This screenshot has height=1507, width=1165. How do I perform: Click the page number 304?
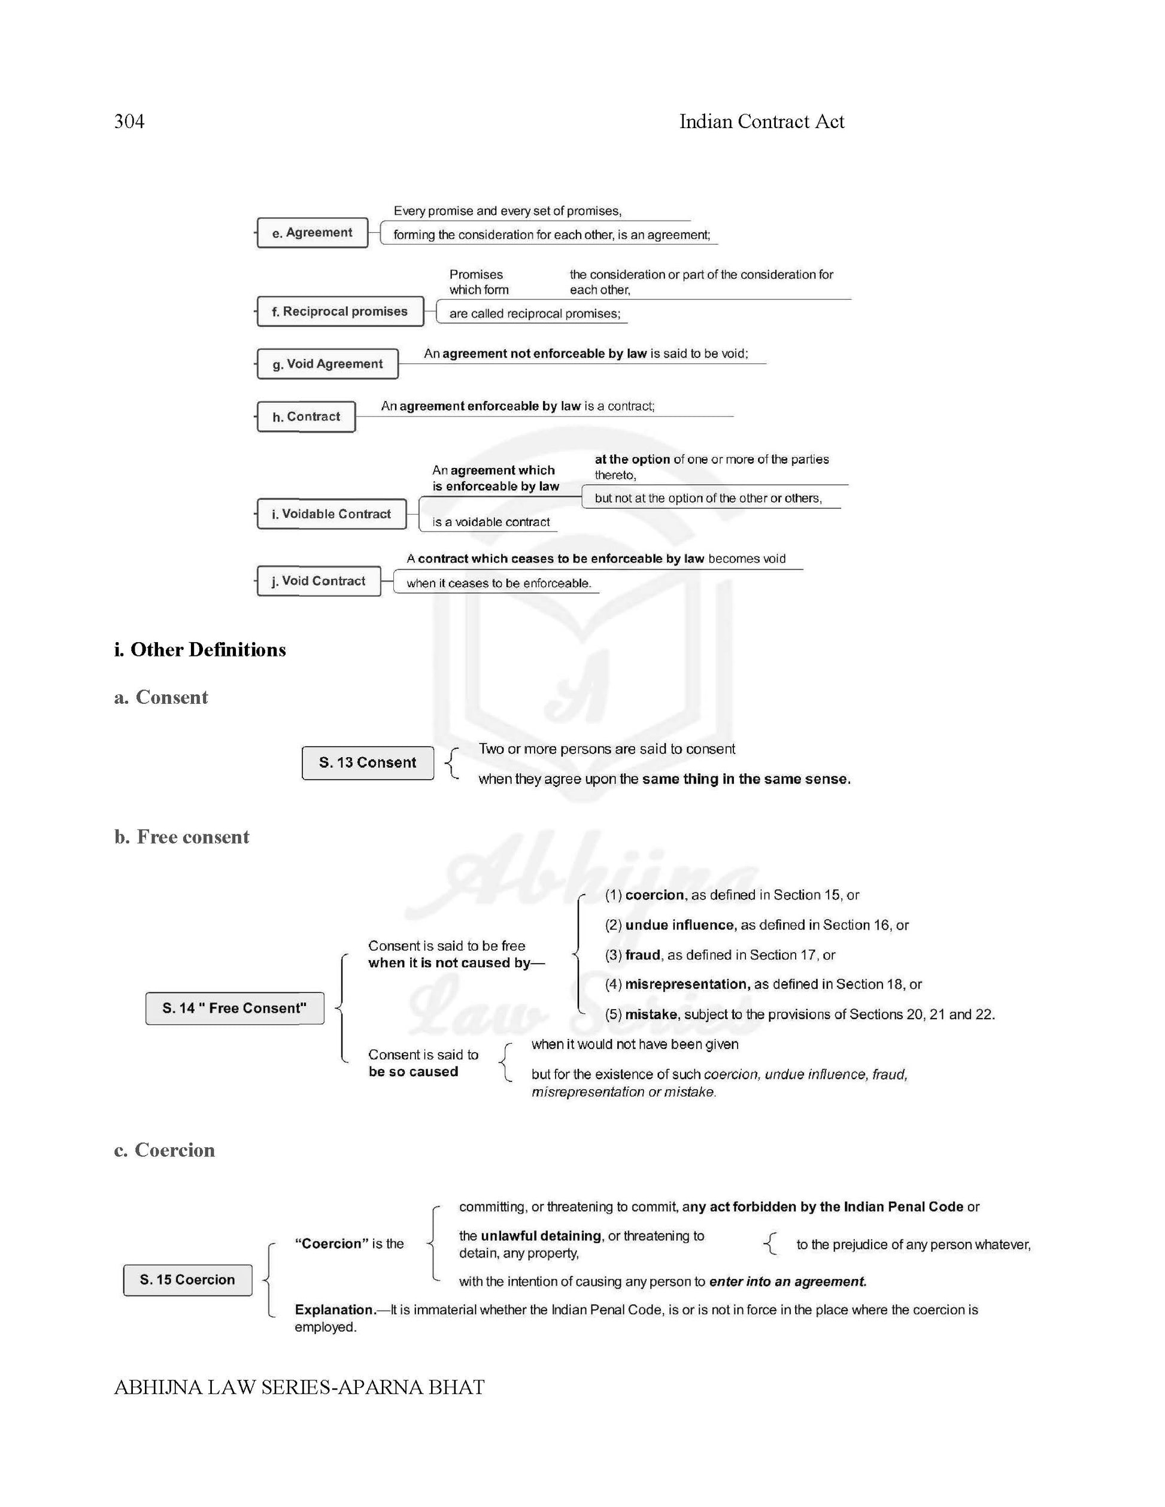click(129, 121)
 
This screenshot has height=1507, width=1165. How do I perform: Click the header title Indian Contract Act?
click(762, 121)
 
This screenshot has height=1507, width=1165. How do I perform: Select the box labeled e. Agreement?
click(312, 233)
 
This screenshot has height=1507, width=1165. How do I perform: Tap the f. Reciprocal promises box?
click(339, 311)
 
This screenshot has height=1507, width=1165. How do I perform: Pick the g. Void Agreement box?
click(327, 364)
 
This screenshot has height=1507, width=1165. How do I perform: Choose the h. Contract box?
click(306, 417)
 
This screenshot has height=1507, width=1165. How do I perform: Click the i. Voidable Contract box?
click(331, 514)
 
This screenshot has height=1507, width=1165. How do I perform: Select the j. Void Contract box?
click(318, 581)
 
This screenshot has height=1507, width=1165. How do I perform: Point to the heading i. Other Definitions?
click(199, 649)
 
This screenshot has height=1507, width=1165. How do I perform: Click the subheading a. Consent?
click(161, 697)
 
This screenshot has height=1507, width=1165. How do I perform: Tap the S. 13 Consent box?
click(367, 762)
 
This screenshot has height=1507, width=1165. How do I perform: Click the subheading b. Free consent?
click(181, 836)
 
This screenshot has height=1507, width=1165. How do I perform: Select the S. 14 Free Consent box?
click(235, 1008)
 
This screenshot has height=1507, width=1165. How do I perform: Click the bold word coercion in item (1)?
click(654, 895)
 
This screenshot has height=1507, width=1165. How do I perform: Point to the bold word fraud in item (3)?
click(642, 955)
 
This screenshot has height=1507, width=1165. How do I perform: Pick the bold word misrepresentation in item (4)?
click(687, 984)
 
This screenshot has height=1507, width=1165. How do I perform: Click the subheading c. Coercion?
click(164, 1150)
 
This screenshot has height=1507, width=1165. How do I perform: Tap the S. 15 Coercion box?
click(187, 1280)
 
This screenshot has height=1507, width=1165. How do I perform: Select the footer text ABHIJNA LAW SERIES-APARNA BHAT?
click(299, 1387)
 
